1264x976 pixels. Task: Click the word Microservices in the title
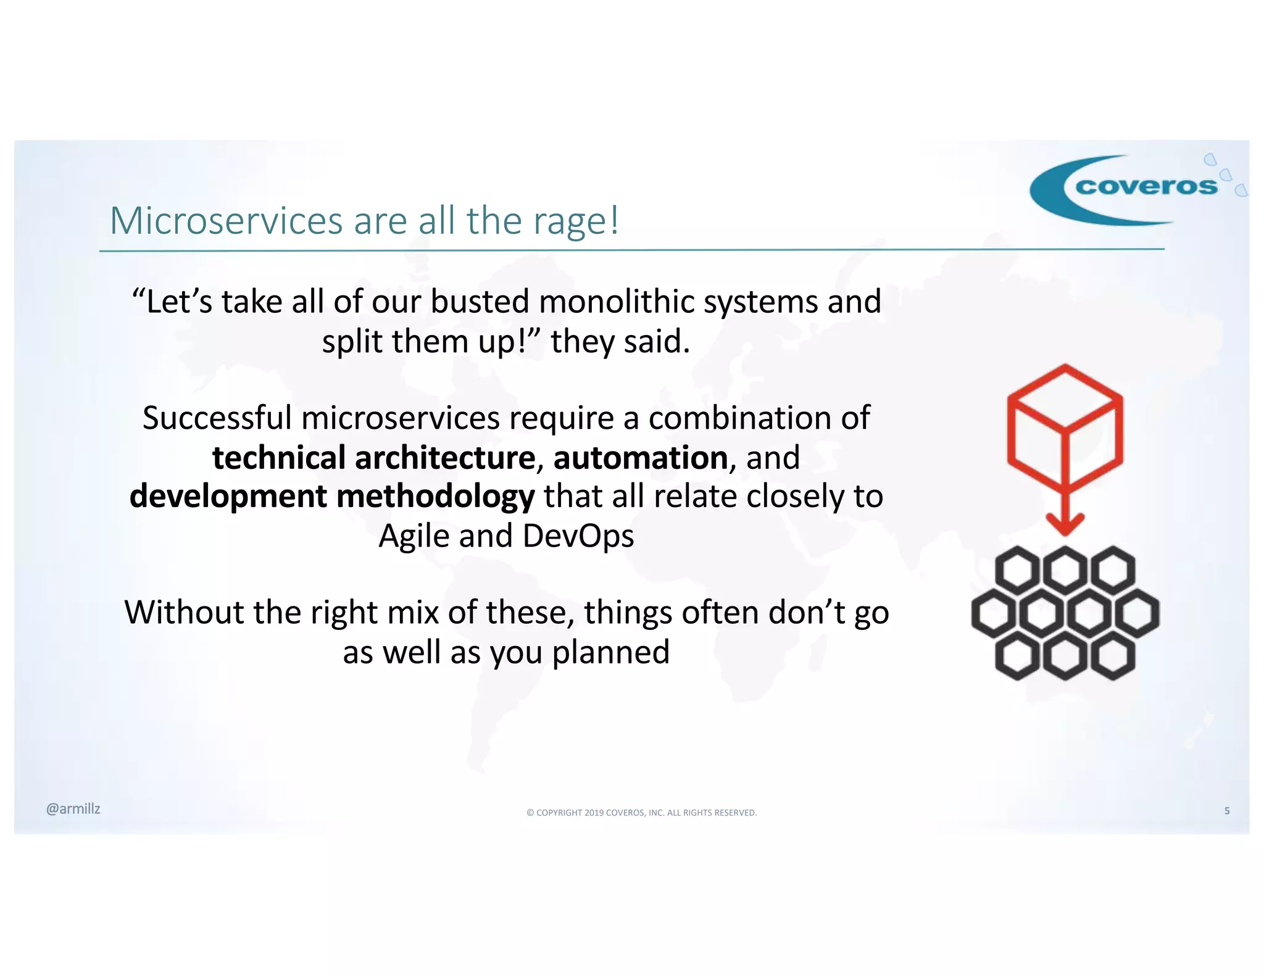point(227,220)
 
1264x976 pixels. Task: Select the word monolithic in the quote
point(617,302)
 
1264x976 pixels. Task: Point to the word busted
point(480,302)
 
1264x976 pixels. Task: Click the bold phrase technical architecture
point(373,458)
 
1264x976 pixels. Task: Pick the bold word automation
point(640,458)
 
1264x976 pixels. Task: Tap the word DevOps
point(578,536)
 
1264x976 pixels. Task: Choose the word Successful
point(217,418)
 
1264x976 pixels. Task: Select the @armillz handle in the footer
point(73,809)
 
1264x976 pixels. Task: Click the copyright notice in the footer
point(641,813)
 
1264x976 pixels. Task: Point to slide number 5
point(1227,811)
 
